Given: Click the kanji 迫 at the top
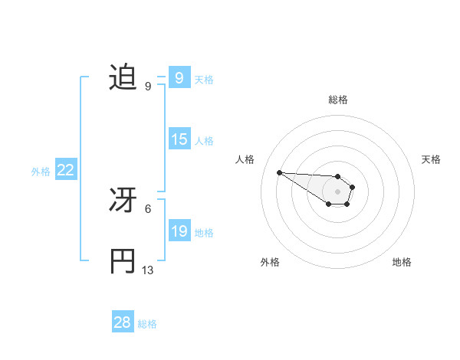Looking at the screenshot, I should [x=123, y=77].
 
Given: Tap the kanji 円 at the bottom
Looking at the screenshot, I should [x=123, y=261].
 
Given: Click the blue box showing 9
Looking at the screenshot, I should [x=179, y=78].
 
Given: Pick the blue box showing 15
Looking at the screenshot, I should [x=179, y=139].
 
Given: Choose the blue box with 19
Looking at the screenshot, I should [x=179, y=231].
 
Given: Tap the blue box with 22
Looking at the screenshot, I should [x=65, y=170].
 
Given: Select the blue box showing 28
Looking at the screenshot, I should [x=122, y=322].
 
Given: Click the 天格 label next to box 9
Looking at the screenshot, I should [x=204, y=79].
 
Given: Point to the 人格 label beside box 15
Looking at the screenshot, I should [x=204, y=140].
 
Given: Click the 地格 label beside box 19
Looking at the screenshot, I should [x=204, y=232].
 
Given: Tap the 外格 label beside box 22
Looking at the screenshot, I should [x=41, y=172].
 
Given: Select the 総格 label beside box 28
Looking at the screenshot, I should [x=147, y=324].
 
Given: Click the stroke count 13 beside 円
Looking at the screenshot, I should [x=148, y=270].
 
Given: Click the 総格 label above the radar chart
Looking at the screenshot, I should [x=337, y=100].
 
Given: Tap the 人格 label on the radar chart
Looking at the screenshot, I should [x=245, y=159].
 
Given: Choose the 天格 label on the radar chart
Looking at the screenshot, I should [x=431, y=159].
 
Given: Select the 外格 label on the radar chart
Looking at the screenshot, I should [x=270, y=262].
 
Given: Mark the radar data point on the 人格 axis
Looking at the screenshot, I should [x=280, y=172].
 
